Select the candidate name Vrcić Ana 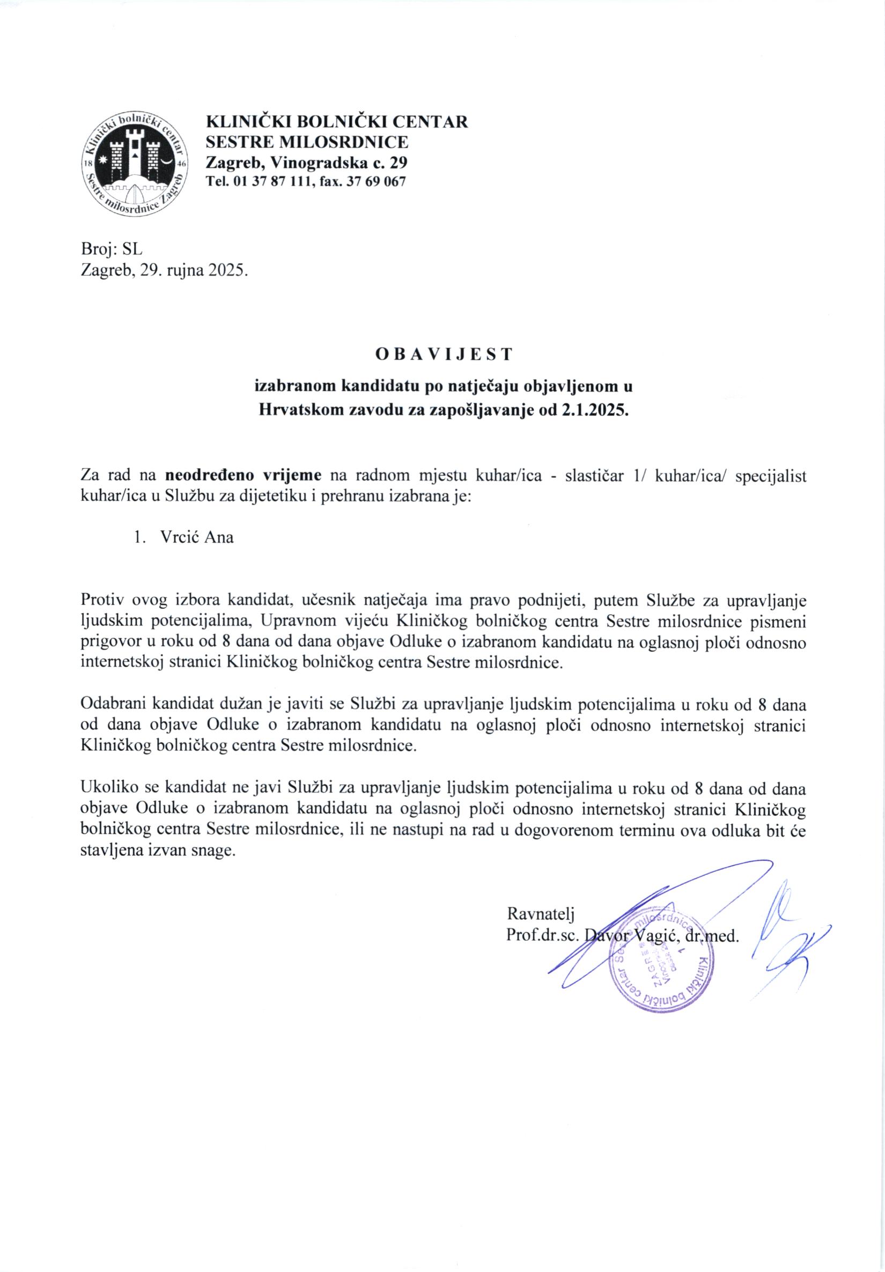197,537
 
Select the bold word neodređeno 210,475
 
